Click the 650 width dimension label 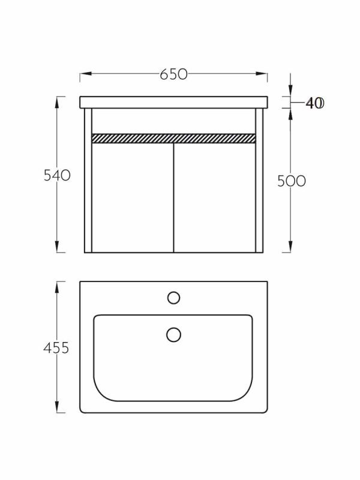click(x=173, y=74)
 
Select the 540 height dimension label click(x=57, y=175)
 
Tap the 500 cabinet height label click(x=292, y=181)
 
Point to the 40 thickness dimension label click(x=314, y=103)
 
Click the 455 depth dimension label click(x=56, y=348)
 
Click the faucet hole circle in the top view click(x=173, y=298)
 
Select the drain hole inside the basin click(x=173, y=334)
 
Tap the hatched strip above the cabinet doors click(x=173, y=139)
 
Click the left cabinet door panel click(x=133, y=198)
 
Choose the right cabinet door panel click(x=215, y=198)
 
